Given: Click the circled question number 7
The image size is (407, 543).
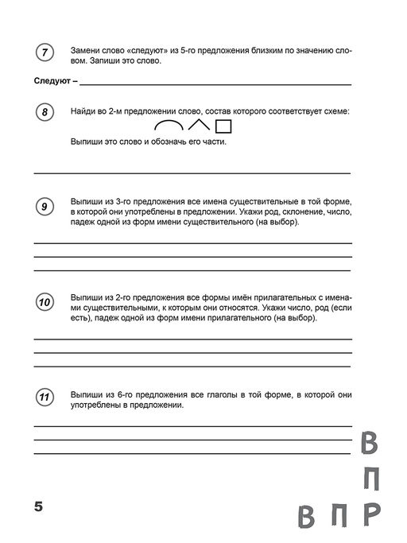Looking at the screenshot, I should [45, 54].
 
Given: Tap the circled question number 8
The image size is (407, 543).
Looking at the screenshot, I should [45, 114].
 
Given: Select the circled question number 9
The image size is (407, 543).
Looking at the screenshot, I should [45, 208].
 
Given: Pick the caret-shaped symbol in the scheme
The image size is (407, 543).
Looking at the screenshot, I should [199, 125].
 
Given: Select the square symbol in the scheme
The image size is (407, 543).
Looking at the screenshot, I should [223, 126].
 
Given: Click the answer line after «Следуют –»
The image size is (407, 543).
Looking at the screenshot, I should [215, 83].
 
